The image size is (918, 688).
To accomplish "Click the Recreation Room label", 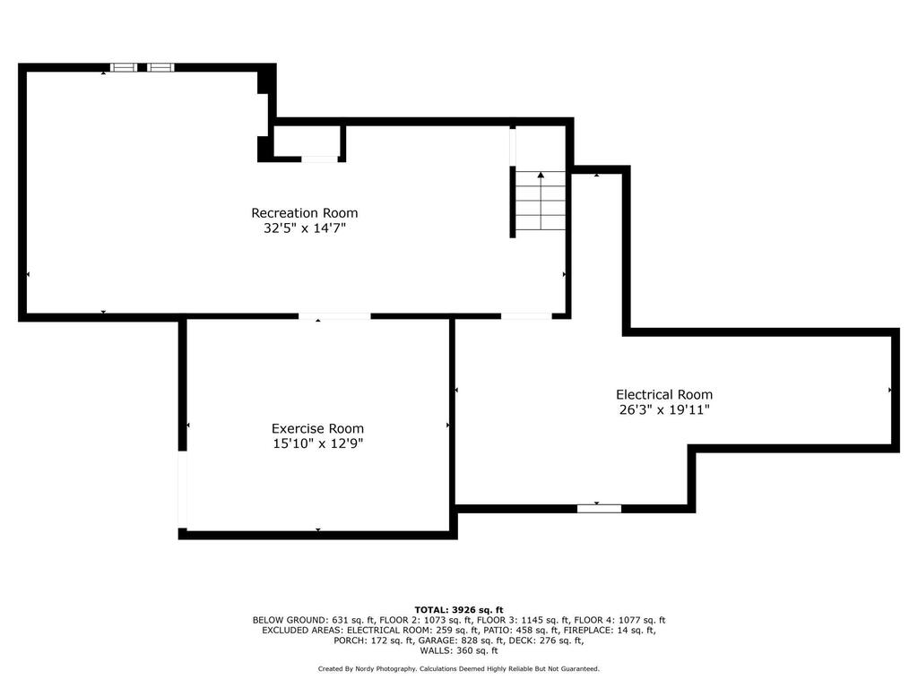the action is click(305, 213).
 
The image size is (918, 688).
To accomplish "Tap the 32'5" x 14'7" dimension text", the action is click(305, 228).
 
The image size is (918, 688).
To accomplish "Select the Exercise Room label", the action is click(317, 428).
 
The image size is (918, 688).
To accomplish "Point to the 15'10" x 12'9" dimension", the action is click(318, 443).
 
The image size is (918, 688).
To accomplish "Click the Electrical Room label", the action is click(664, 395).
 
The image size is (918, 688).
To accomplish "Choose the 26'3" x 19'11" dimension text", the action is click(664, 409).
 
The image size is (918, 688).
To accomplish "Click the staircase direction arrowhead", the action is click(541, 175).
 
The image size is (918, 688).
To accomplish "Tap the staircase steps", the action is click(541, 201).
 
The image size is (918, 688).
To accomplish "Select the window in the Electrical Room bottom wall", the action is click(599, 509).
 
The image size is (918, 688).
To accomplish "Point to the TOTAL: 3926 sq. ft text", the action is click(459, 609).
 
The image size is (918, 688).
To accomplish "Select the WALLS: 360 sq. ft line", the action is click(459, 650).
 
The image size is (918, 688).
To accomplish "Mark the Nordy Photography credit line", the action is click(459, 668).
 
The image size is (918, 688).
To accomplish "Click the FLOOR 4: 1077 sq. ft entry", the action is click(619, 620).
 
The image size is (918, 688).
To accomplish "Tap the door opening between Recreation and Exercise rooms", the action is click(334, 316).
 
